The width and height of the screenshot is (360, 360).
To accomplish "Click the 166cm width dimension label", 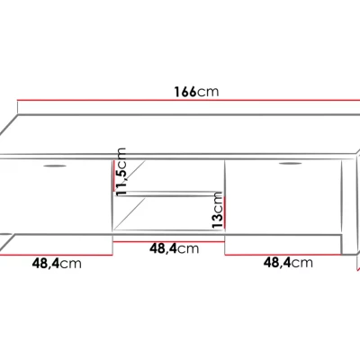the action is click(x=197, y=92).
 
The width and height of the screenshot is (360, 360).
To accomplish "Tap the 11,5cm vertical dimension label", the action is click(x=121, y=172).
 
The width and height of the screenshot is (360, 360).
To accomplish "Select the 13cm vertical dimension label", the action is click(x=218, y=211).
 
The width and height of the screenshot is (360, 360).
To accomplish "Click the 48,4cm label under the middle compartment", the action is click(x=175, y=248).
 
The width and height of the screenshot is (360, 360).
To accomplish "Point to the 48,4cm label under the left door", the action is click(x=57, y=264).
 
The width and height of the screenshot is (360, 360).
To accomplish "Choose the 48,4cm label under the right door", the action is click(x=288, y=263).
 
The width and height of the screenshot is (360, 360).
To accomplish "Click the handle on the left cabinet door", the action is click(x=55, y=166).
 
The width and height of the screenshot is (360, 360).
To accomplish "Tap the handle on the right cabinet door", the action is click(x=291, y=164).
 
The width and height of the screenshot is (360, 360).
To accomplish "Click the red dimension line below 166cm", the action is click(x=188, y=100).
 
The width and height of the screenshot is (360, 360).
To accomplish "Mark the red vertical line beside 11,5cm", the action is click(x=114, y=176).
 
